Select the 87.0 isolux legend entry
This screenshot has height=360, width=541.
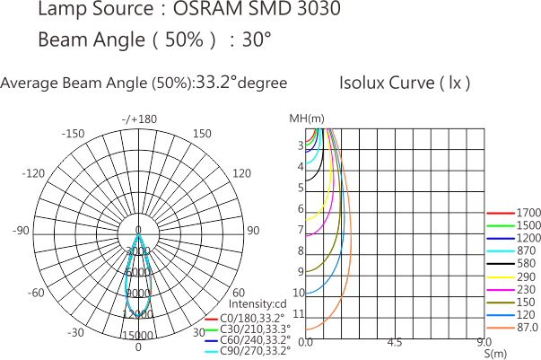[528, 329]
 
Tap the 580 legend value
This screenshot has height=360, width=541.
[527, 263]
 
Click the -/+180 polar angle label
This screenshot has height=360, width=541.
[140, 119]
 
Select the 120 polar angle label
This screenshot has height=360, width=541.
[241, 172]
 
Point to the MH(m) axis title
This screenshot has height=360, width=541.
[307, 119]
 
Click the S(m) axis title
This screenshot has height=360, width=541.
[495, 355]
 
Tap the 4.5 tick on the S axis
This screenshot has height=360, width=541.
[394, 343]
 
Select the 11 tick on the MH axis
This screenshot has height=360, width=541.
[300, 313]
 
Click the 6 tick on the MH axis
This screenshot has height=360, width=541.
[301, 208]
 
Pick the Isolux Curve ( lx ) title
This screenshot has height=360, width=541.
[405, 83]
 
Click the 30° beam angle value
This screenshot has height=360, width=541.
[257, 40]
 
